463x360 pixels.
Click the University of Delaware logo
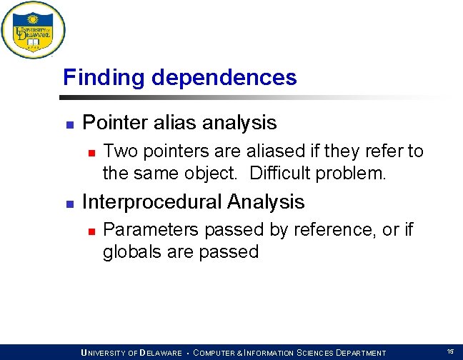[x=33, y=30]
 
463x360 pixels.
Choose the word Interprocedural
[x=151, y=202]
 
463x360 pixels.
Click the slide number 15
[x=450, y=351]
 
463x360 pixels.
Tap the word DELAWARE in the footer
[x=161, y=353]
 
